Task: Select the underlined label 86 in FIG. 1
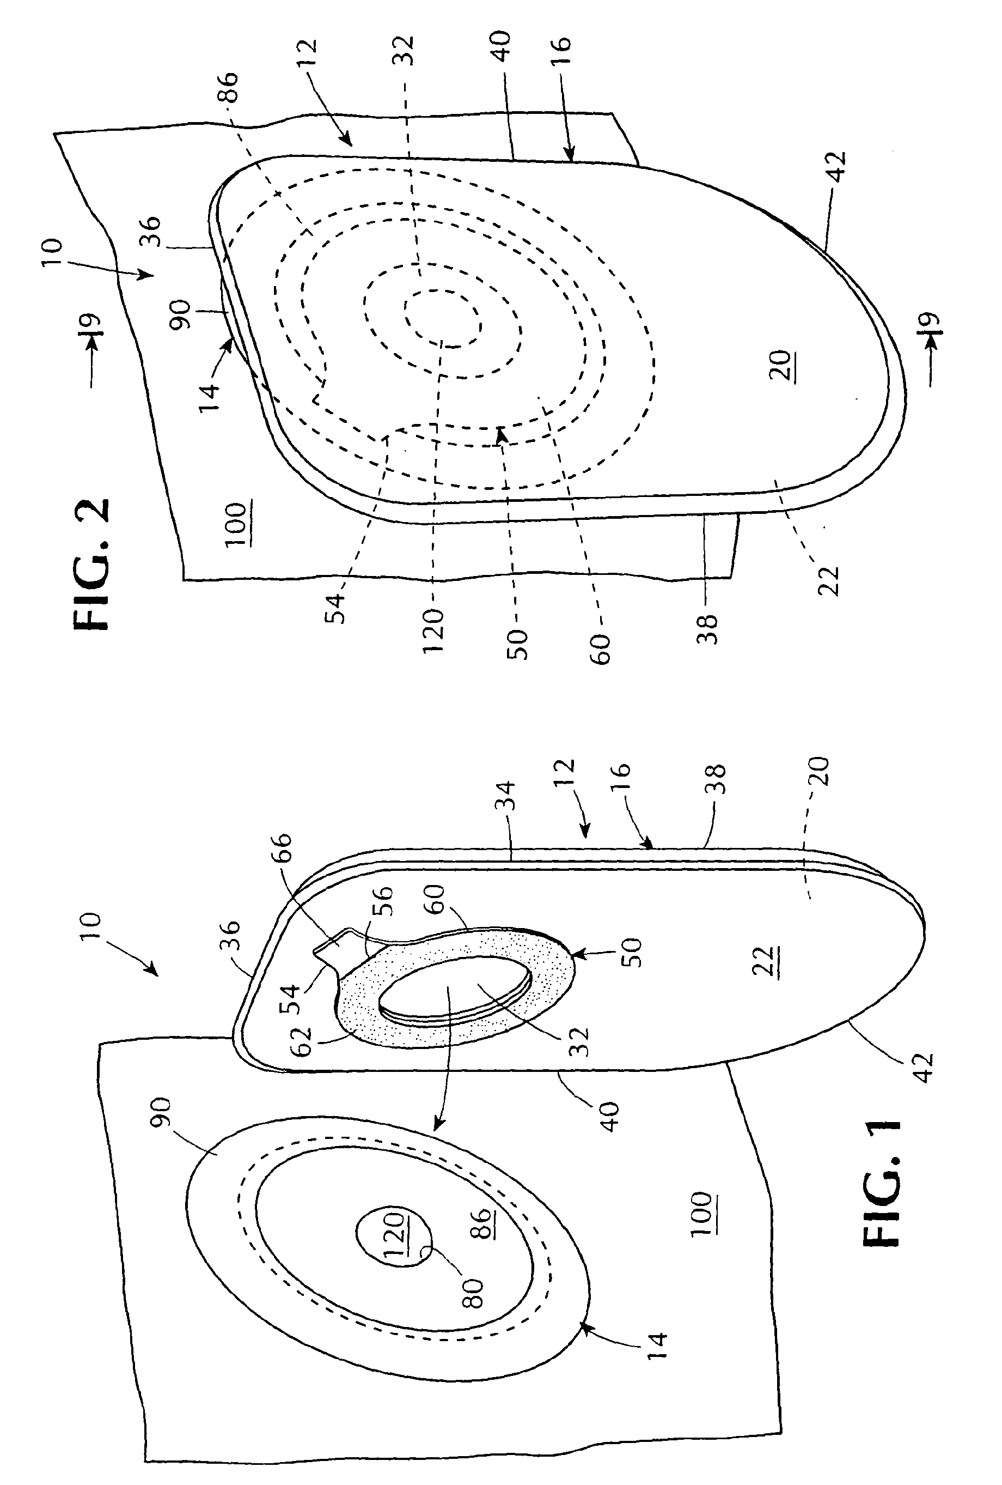484,1223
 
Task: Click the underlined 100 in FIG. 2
236,524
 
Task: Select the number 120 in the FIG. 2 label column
432,630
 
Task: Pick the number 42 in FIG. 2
836,168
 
